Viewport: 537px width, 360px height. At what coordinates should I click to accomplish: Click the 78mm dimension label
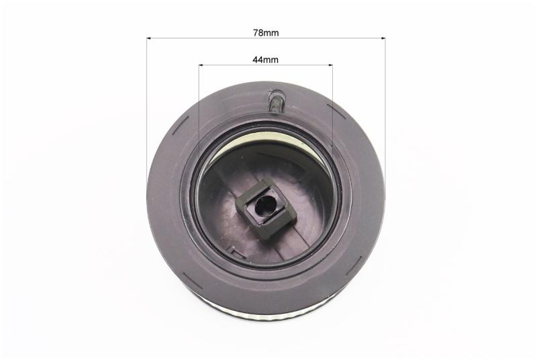[x=266, y=33]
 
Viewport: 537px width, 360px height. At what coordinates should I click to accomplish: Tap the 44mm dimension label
[x=265, y=60]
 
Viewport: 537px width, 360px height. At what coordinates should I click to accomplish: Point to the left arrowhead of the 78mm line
[x=149, y=38]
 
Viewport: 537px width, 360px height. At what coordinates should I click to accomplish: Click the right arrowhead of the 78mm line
[x=383, y=38]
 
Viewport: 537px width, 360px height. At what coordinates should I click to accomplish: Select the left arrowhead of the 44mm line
[x=201, y=64]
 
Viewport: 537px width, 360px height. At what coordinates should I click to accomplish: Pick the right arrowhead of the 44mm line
[x=330, y=64]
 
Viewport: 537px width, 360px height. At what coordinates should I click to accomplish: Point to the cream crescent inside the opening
[x=260, y=141]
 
